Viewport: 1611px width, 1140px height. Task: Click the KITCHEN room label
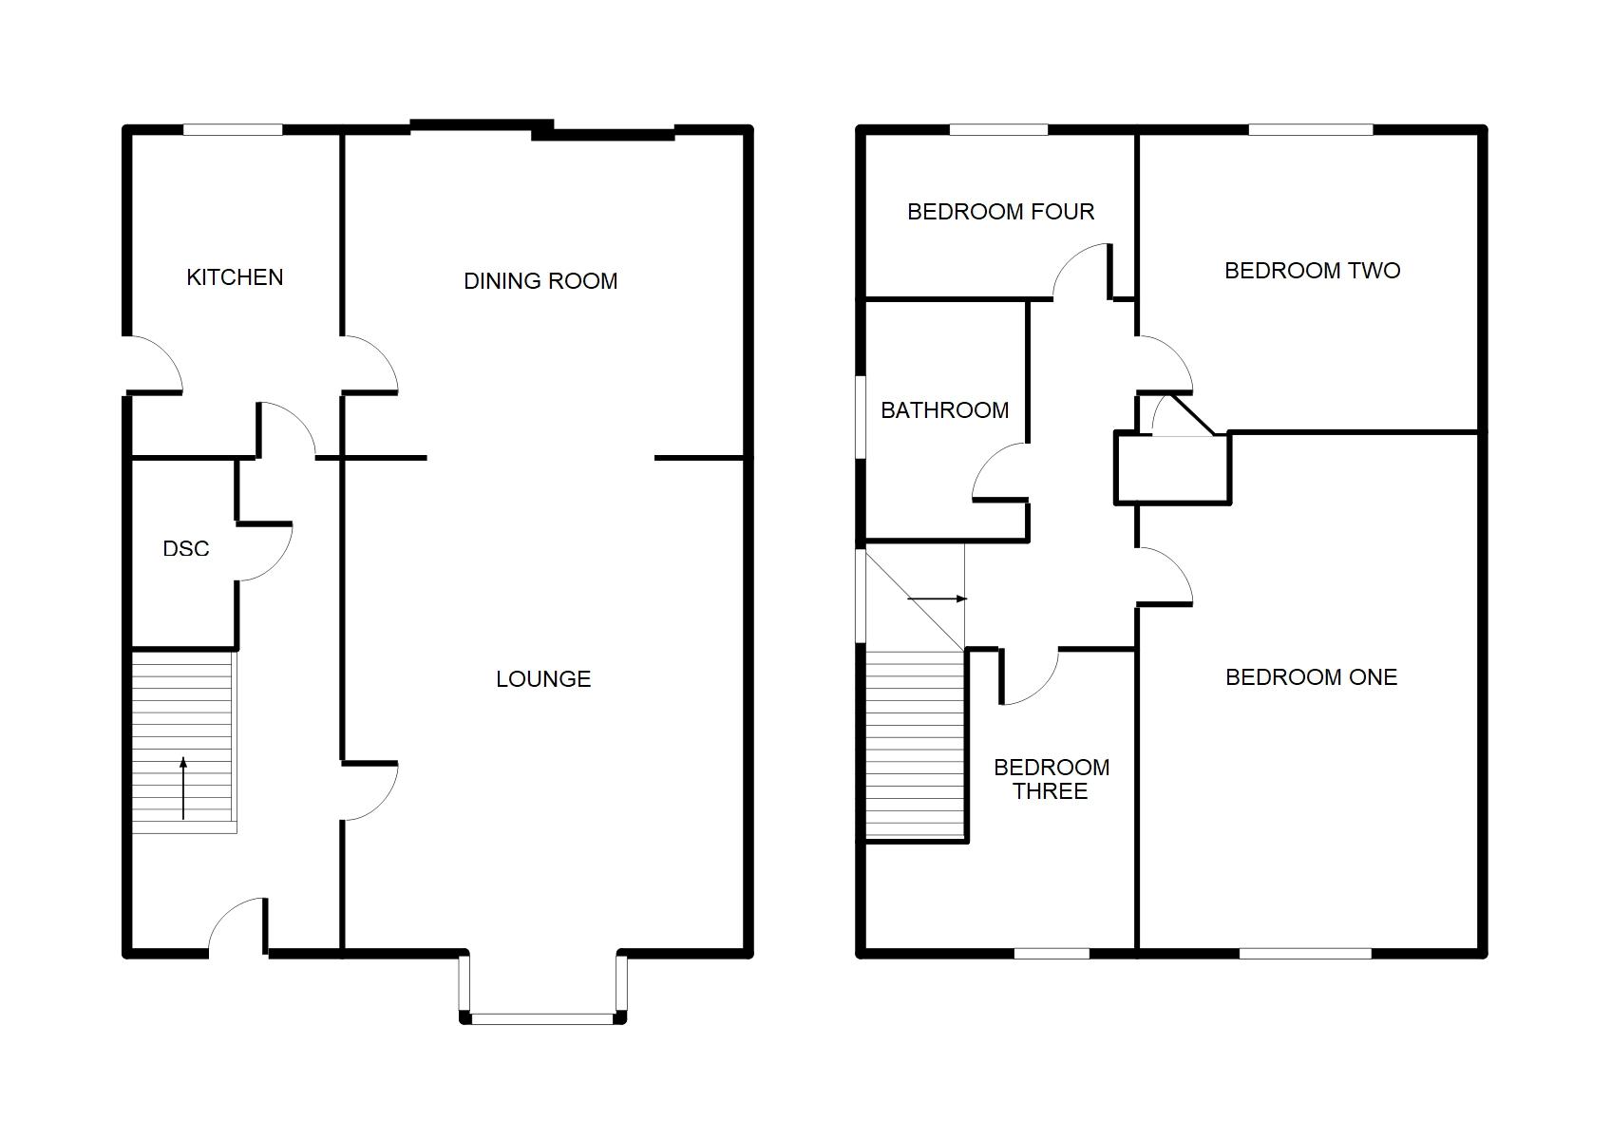[235, 276]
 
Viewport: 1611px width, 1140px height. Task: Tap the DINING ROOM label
[540, 280]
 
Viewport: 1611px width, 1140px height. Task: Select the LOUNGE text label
[543, 678]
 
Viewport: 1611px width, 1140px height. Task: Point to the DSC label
[186, 549]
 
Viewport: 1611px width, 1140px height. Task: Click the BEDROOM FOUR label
[1001, 212]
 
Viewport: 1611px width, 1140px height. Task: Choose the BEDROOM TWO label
[1313, 271]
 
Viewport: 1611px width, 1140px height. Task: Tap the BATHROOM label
[945, 410]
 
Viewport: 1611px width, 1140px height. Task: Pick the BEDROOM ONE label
[1312, 676]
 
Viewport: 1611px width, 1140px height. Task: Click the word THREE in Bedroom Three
[1050, 791]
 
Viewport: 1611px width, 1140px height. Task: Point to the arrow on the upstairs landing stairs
[938, 598]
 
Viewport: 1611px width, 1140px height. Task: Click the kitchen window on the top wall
[233, 130]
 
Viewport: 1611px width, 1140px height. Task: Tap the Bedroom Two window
[1311, 130]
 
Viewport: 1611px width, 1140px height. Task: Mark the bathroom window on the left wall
[861, 416]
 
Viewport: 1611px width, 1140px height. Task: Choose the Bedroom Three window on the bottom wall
[1052, 954]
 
